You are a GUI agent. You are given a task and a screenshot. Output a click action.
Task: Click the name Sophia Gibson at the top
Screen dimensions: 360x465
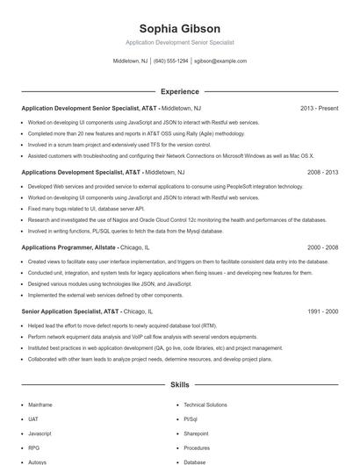coord(179,29)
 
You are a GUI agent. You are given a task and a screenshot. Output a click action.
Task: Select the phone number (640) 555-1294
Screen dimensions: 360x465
coord(171,61)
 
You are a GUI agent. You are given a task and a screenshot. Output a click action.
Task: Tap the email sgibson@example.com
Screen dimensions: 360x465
coord(220,61)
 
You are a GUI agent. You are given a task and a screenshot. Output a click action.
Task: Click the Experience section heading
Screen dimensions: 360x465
coord(179,91)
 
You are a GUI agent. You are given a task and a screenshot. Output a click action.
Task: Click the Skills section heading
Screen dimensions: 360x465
coord(179,385)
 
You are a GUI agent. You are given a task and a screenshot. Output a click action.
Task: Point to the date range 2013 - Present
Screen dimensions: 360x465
coord(319,109)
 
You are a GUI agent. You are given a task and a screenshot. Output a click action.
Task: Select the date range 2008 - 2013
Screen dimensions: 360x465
coord(322,173)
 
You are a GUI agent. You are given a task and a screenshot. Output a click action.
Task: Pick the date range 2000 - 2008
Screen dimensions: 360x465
coord(322,248)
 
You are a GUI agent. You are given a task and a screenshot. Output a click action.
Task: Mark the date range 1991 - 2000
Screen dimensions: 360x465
coord(322,311)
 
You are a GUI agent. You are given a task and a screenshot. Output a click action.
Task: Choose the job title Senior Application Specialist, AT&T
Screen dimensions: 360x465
coord(71,311)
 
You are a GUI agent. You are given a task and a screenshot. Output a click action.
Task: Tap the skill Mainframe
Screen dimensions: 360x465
coord(40,405)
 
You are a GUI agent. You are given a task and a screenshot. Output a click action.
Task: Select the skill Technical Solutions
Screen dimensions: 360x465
coord(205,405)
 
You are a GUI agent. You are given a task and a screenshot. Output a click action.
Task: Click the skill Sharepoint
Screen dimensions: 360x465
coord(196,433)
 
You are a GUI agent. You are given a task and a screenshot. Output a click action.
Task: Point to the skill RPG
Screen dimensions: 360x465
coord(33,447)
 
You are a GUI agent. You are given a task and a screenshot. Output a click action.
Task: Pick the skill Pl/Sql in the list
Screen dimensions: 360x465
coord(192,419)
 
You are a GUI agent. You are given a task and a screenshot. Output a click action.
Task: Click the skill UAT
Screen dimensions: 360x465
coord(33,419)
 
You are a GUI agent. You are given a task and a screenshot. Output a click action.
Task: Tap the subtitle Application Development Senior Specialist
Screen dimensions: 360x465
coord(179,42)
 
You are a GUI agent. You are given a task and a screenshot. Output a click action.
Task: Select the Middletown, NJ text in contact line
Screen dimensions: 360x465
coord(131,61)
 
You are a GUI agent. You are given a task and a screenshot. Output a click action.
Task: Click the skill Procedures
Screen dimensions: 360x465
coord(197,447)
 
